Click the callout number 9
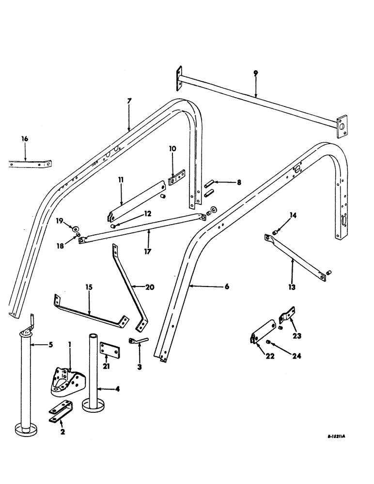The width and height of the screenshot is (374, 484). click(255, 73)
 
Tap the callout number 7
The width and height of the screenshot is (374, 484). click(129, 101)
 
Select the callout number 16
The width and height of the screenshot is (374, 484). click(25, 139)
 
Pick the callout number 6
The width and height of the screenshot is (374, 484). click(227, 287)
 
